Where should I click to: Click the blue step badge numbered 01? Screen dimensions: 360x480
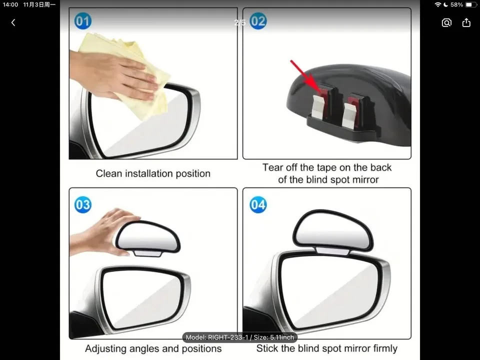[83, 21]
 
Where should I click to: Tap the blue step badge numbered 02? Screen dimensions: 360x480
[258, 21]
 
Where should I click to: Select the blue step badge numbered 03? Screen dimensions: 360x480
[83, 204]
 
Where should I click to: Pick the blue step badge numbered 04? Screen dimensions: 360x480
[258, 204]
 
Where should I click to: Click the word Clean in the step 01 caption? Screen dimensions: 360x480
[109, 173]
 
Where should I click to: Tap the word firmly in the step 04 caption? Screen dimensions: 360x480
[382, 348]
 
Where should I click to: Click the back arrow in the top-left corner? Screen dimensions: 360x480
[13, 22]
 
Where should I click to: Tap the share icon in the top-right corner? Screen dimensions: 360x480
[466, 22]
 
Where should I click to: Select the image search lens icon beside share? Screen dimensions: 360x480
[446, 22]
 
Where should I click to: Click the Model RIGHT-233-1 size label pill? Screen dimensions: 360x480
[239, 337]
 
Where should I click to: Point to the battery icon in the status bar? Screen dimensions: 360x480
[470, 4]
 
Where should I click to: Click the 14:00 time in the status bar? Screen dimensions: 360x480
[10, 4]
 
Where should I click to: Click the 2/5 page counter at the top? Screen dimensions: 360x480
[240, 22]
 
